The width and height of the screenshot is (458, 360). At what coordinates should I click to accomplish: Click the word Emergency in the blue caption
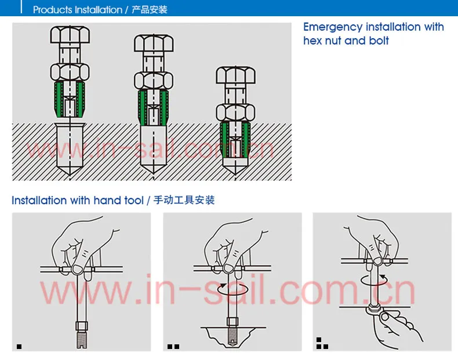(333, 27)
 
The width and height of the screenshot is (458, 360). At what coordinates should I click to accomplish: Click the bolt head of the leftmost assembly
(70, 35)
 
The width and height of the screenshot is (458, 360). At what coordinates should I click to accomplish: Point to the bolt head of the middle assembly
(154, 43)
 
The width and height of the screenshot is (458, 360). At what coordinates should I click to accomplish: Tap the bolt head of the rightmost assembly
(235, 75)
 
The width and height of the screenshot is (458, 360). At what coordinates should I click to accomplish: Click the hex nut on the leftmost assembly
(70, 72)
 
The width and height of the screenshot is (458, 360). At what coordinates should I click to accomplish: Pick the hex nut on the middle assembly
(154, 81)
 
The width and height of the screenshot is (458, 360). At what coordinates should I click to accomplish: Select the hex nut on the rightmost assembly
(235, 112)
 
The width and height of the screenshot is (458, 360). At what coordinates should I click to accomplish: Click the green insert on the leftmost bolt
(70, 99)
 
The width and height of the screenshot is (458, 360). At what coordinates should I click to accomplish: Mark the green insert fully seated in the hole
(235, 140)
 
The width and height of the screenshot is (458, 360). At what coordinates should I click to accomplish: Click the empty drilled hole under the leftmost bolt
(70, 149)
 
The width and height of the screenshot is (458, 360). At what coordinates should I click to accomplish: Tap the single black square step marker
(19, 347)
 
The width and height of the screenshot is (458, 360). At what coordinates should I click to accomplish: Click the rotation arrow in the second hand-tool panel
(233, 289)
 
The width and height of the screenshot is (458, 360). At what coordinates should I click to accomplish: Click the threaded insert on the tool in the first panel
(82, 339)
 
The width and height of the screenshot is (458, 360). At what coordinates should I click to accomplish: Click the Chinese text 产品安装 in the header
(149, 10)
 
